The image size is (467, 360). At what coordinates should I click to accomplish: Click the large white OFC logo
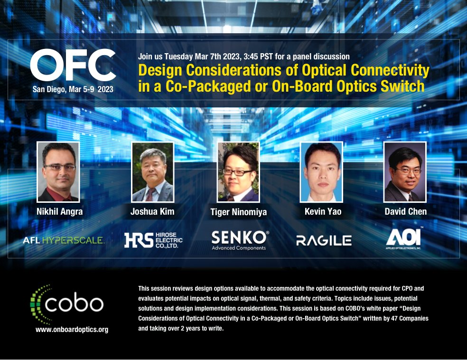[x=73, y=66]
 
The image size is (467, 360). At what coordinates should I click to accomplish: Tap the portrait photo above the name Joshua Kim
[x=153, y=172]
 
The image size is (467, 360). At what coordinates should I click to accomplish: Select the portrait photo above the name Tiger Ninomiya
[x=238, y=172]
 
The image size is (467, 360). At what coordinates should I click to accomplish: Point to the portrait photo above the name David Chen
[x=405, y=172]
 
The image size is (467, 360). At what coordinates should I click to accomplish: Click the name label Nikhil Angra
[x=59, y=212]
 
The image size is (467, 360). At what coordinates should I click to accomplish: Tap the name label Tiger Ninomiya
[x=238, y=212]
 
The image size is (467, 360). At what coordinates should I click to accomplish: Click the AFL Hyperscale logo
[x=63, y=240]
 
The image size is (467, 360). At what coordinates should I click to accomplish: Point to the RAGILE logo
[x=324, y=240]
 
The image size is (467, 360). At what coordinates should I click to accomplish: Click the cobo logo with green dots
[x=67, y=304]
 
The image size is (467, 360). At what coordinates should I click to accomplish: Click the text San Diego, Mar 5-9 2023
[x=73, y=89]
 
